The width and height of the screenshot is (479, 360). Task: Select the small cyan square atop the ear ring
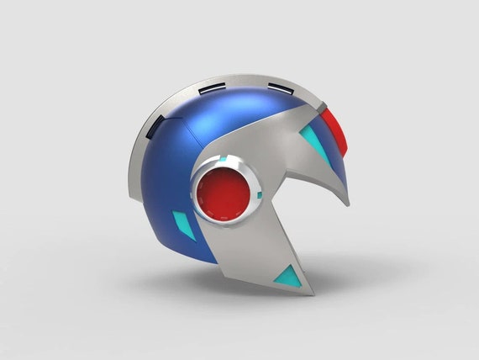point(224,159)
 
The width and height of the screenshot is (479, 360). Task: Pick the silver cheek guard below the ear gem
point(252,252)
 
